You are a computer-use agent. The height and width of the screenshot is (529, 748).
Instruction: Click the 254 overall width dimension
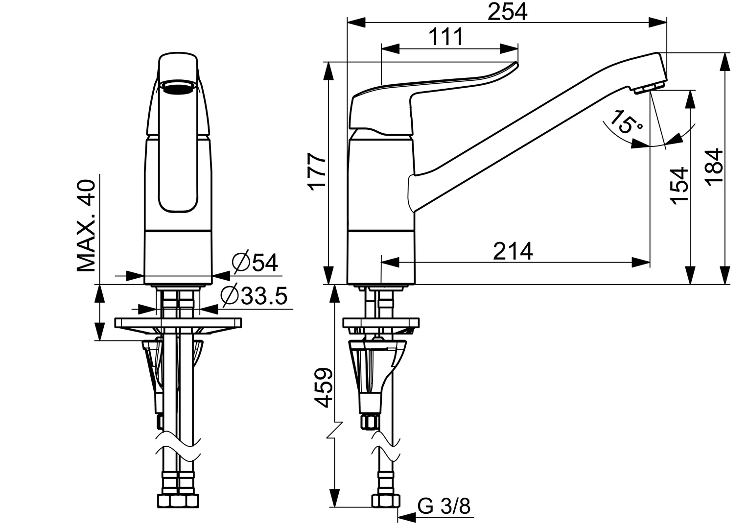(x=507, y=12)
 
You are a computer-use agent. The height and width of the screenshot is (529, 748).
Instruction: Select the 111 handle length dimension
(x=445, y=37)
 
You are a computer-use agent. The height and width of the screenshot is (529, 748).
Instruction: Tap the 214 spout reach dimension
(x=513, y=251)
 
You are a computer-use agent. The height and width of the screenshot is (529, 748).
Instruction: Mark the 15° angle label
(x=626, y=123)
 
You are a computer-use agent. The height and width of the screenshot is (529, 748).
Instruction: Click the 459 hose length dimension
(x=324, y=387)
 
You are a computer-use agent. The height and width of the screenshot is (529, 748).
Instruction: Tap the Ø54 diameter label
(x=255, y=263)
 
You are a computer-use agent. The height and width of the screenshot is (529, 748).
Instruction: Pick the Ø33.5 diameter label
(x=254, y=296)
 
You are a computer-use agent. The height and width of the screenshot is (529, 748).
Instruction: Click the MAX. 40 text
(x=87, y=226)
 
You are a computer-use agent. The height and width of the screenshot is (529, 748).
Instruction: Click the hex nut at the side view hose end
(x=385, y=501)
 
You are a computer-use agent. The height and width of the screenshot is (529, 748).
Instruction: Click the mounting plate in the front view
(x=178, y=323)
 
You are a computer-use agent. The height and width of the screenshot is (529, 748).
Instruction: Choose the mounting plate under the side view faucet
(x=381, y=323)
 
